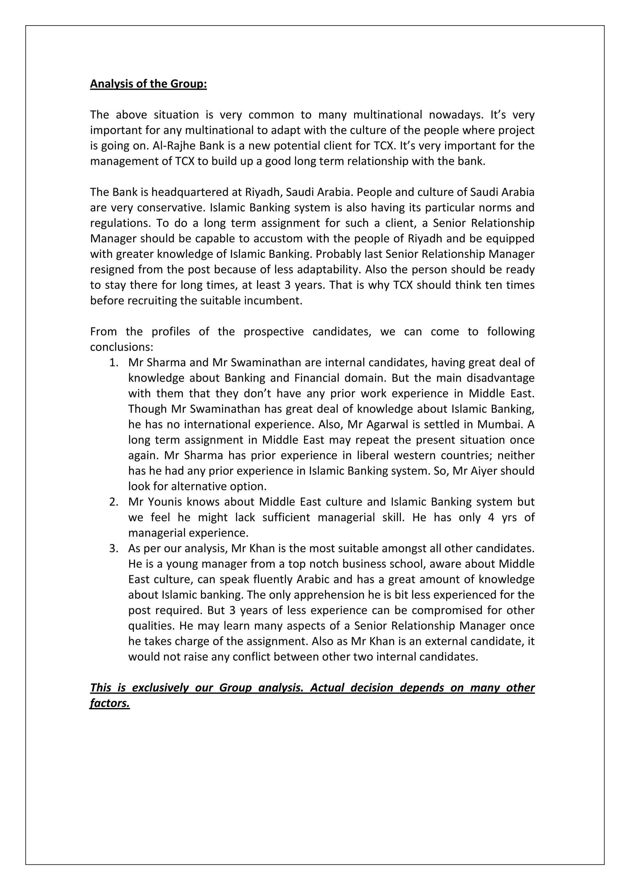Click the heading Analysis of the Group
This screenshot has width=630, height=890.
pyautogui.click(x=148, y=84)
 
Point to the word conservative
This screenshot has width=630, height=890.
pyautogui.click(x=170, y=208)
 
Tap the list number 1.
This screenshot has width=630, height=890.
pyautogui.click(x=113, y=362)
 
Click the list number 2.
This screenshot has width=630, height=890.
pyautogui.click(x=113, y=502)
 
